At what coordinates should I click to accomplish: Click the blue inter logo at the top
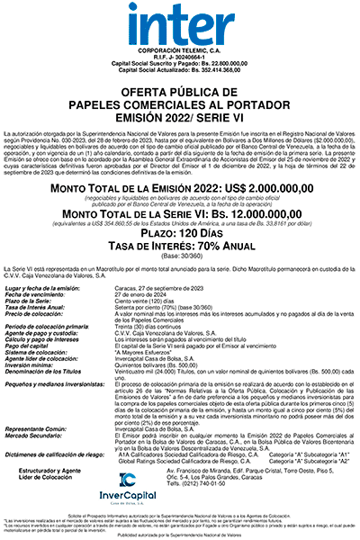[180, 24]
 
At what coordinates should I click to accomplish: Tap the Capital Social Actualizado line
[180, 74]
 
